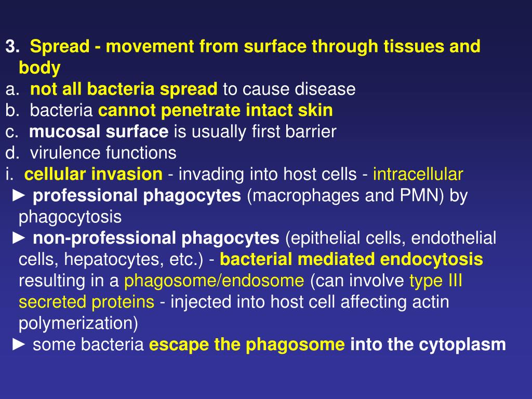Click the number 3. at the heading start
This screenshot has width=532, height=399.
pyautogui.click(x=12, y=47)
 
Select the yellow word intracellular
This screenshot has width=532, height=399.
pyautogui.click(x=418, y=174)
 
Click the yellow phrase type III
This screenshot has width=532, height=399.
pyautogui.click(x=436, y=281)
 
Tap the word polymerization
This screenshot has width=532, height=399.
pyautogui.click(x=78, y=323)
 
